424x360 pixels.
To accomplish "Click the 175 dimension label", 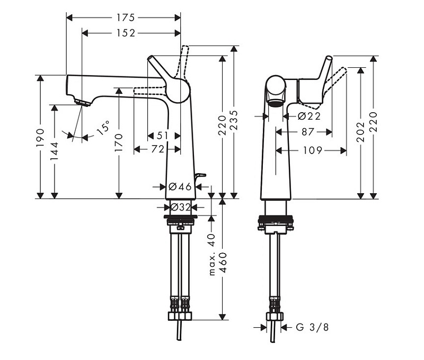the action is coord(126,18).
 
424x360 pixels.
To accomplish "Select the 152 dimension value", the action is coord(126,33).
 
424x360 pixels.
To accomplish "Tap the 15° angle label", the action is coord(103,128).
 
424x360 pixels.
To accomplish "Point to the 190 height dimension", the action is coord(40,138).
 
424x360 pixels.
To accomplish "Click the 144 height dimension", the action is coord(55,151).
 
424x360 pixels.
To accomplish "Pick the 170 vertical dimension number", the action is coord(119,142).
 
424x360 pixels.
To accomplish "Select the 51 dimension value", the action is coord(163,136).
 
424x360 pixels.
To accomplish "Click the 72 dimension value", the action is coord(158,149).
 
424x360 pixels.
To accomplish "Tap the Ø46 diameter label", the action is coord(180,186).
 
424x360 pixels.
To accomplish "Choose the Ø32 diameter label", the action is coord(180,207).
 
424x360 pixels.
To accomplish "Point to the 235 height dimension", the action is coord(234,120).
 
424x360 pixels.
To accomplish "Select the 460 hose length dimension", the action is coord(223,263).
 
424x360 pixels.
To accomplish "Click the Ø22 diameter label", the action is coord(309,116).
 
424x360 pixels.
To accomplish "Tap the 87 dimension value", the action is coord(308,132).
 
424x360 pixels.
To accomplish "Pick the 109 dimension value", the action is coord(312,150).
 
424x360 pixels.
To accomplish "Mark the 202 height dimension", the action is coord(360,132).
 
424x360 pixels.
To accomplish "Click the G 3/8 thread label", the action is coord(312,327).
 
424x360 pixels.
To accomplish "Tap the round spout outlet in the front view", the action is coord(276,104).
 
